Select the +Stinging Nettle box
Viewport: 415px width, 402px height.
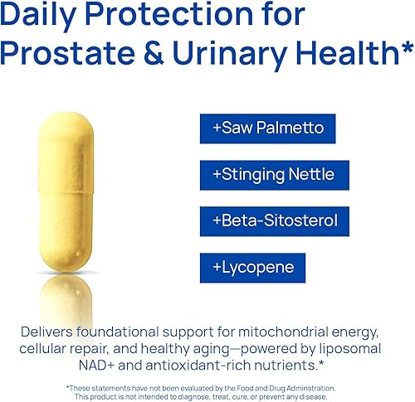[x=274, y=175]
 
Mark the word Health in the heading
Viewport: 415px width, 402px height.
[x=341, y=53]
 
